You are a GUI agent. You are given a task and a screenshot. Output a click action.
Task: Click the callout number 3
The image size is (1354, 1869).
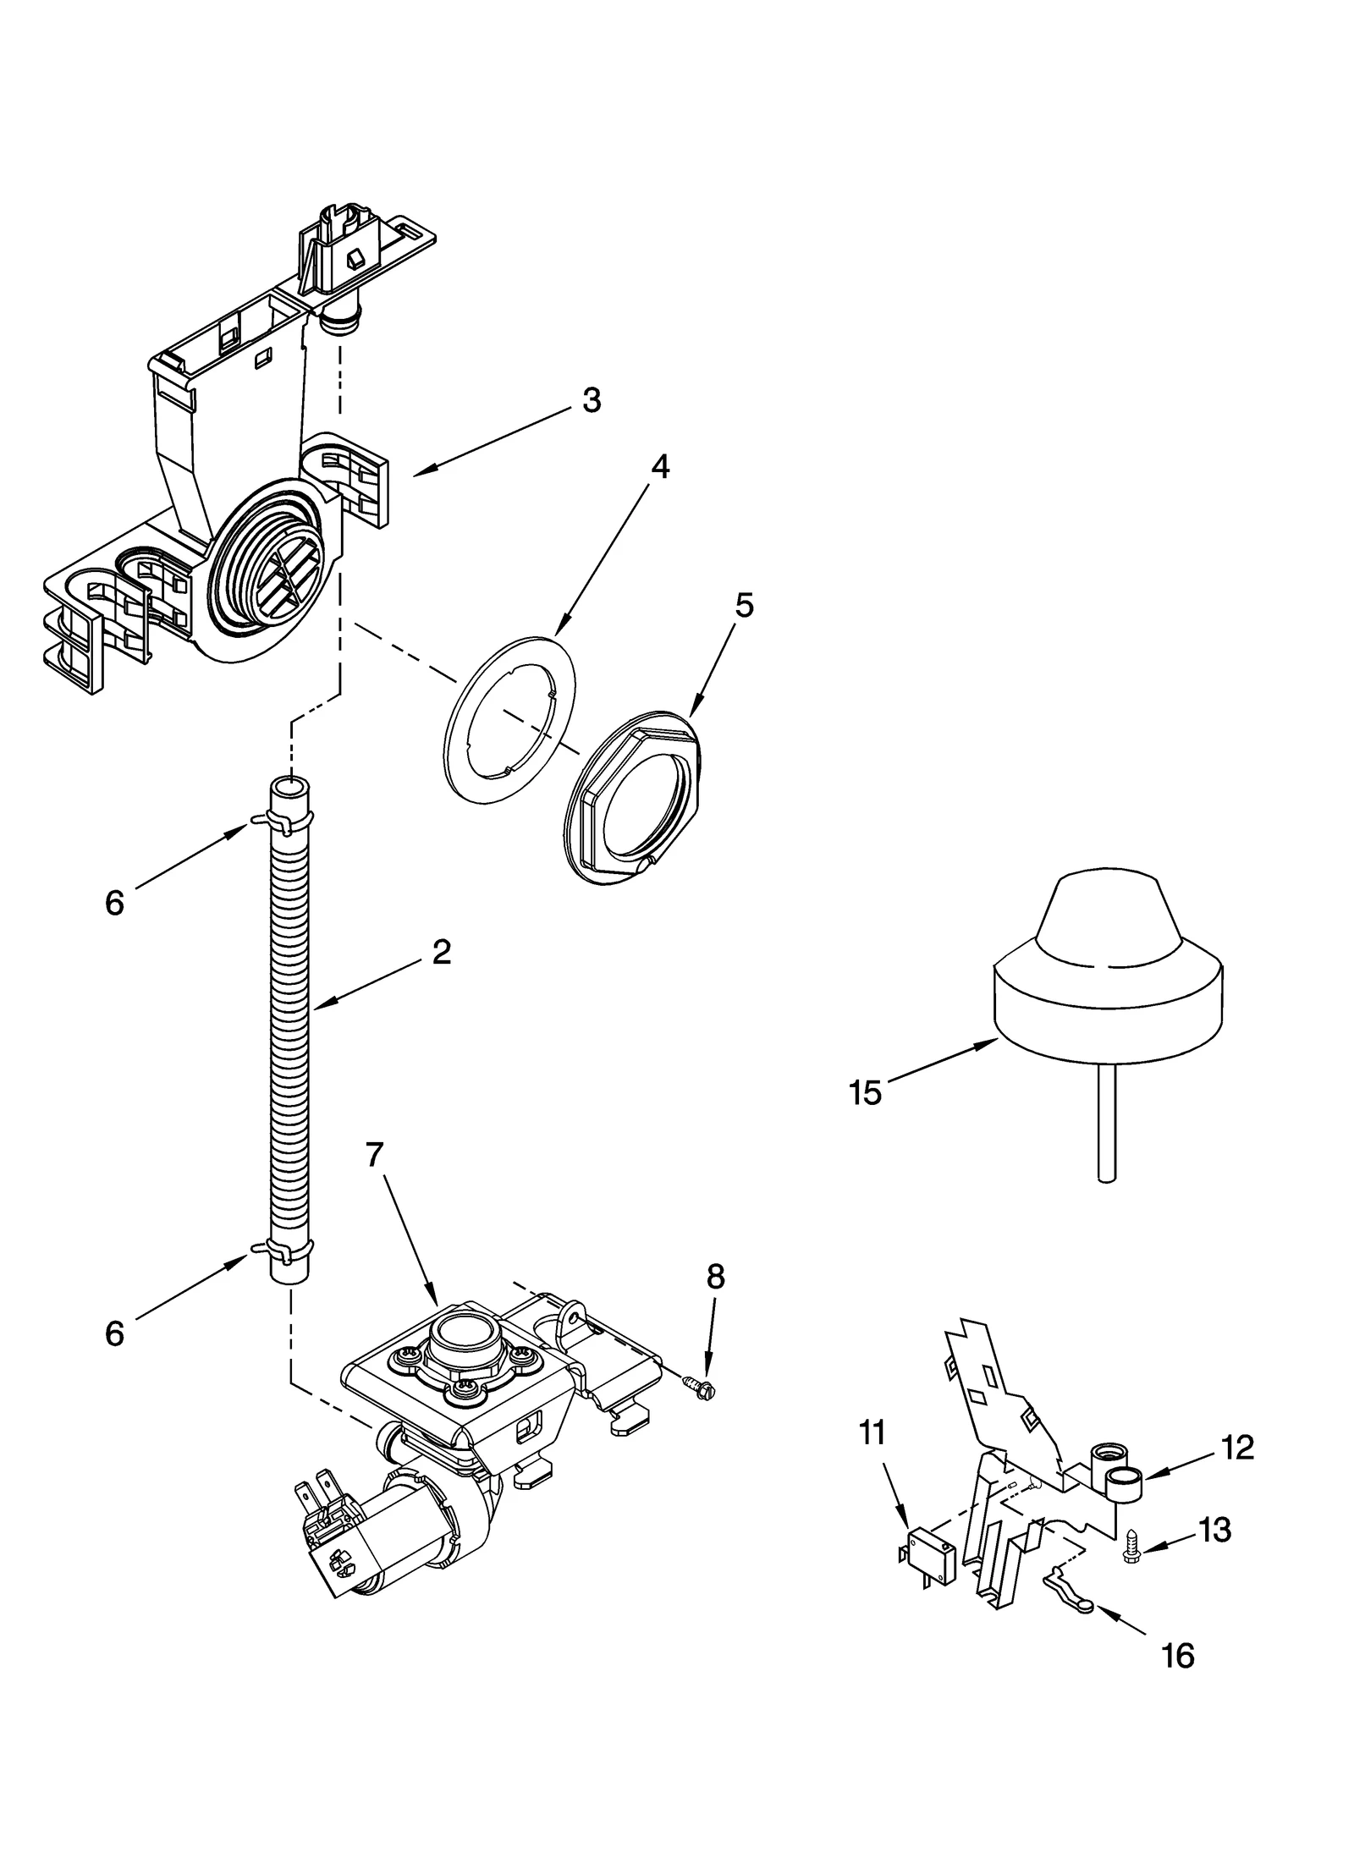(x=592, y=400)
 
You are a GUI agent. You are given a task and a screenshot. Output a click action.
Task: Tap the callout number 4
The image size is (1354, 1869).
(x=659, y=467)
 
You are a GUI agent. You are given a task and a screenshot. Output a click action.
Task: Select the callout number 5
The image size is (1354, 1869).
(x=742, y=606)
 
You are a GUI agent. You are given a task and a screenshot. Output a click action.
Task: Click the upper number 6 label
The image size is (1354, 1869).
(x=114, y=904)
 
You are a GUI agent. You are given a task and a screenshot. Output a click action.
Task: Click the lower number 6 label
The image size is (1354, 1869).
(x=114, y=1334)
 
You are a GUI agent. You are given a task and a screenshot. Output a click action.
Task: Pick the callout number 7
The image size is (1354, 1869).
(x=375, y=1154)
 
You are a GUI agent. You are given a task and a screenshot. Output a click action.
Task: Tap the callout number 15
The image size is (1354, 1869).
(x=865, y=1093)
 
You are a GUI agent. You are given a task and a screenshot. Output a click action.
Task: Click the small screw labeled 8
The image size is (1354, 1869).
(x=700, y=1385)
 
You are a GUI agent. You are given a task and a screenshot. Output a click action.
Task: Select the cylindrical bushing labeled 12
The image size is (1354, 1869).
(x=1124, y=1485)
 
